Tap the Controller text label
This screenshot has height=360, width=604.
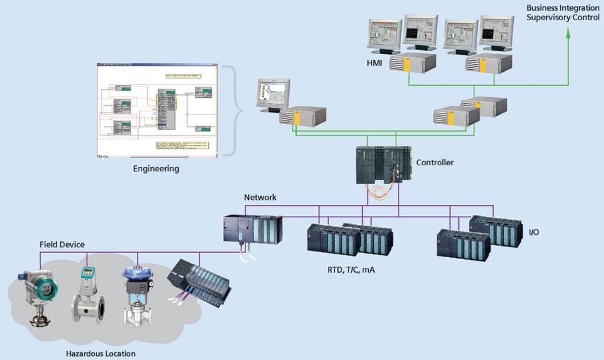coord(435,162)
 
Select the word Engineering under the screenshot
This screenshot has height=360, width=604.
coord(156,169)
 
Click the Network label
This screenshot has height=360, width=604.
coord(260,197)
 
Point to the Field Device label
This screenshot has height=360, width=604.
coord(62,244)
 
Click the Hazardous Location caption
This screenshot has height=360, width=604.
coord(101,354)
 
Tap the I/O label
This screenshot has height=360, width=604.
coord(533,233)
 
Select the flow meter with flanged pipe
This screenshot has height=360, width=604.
coord(87,295)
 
